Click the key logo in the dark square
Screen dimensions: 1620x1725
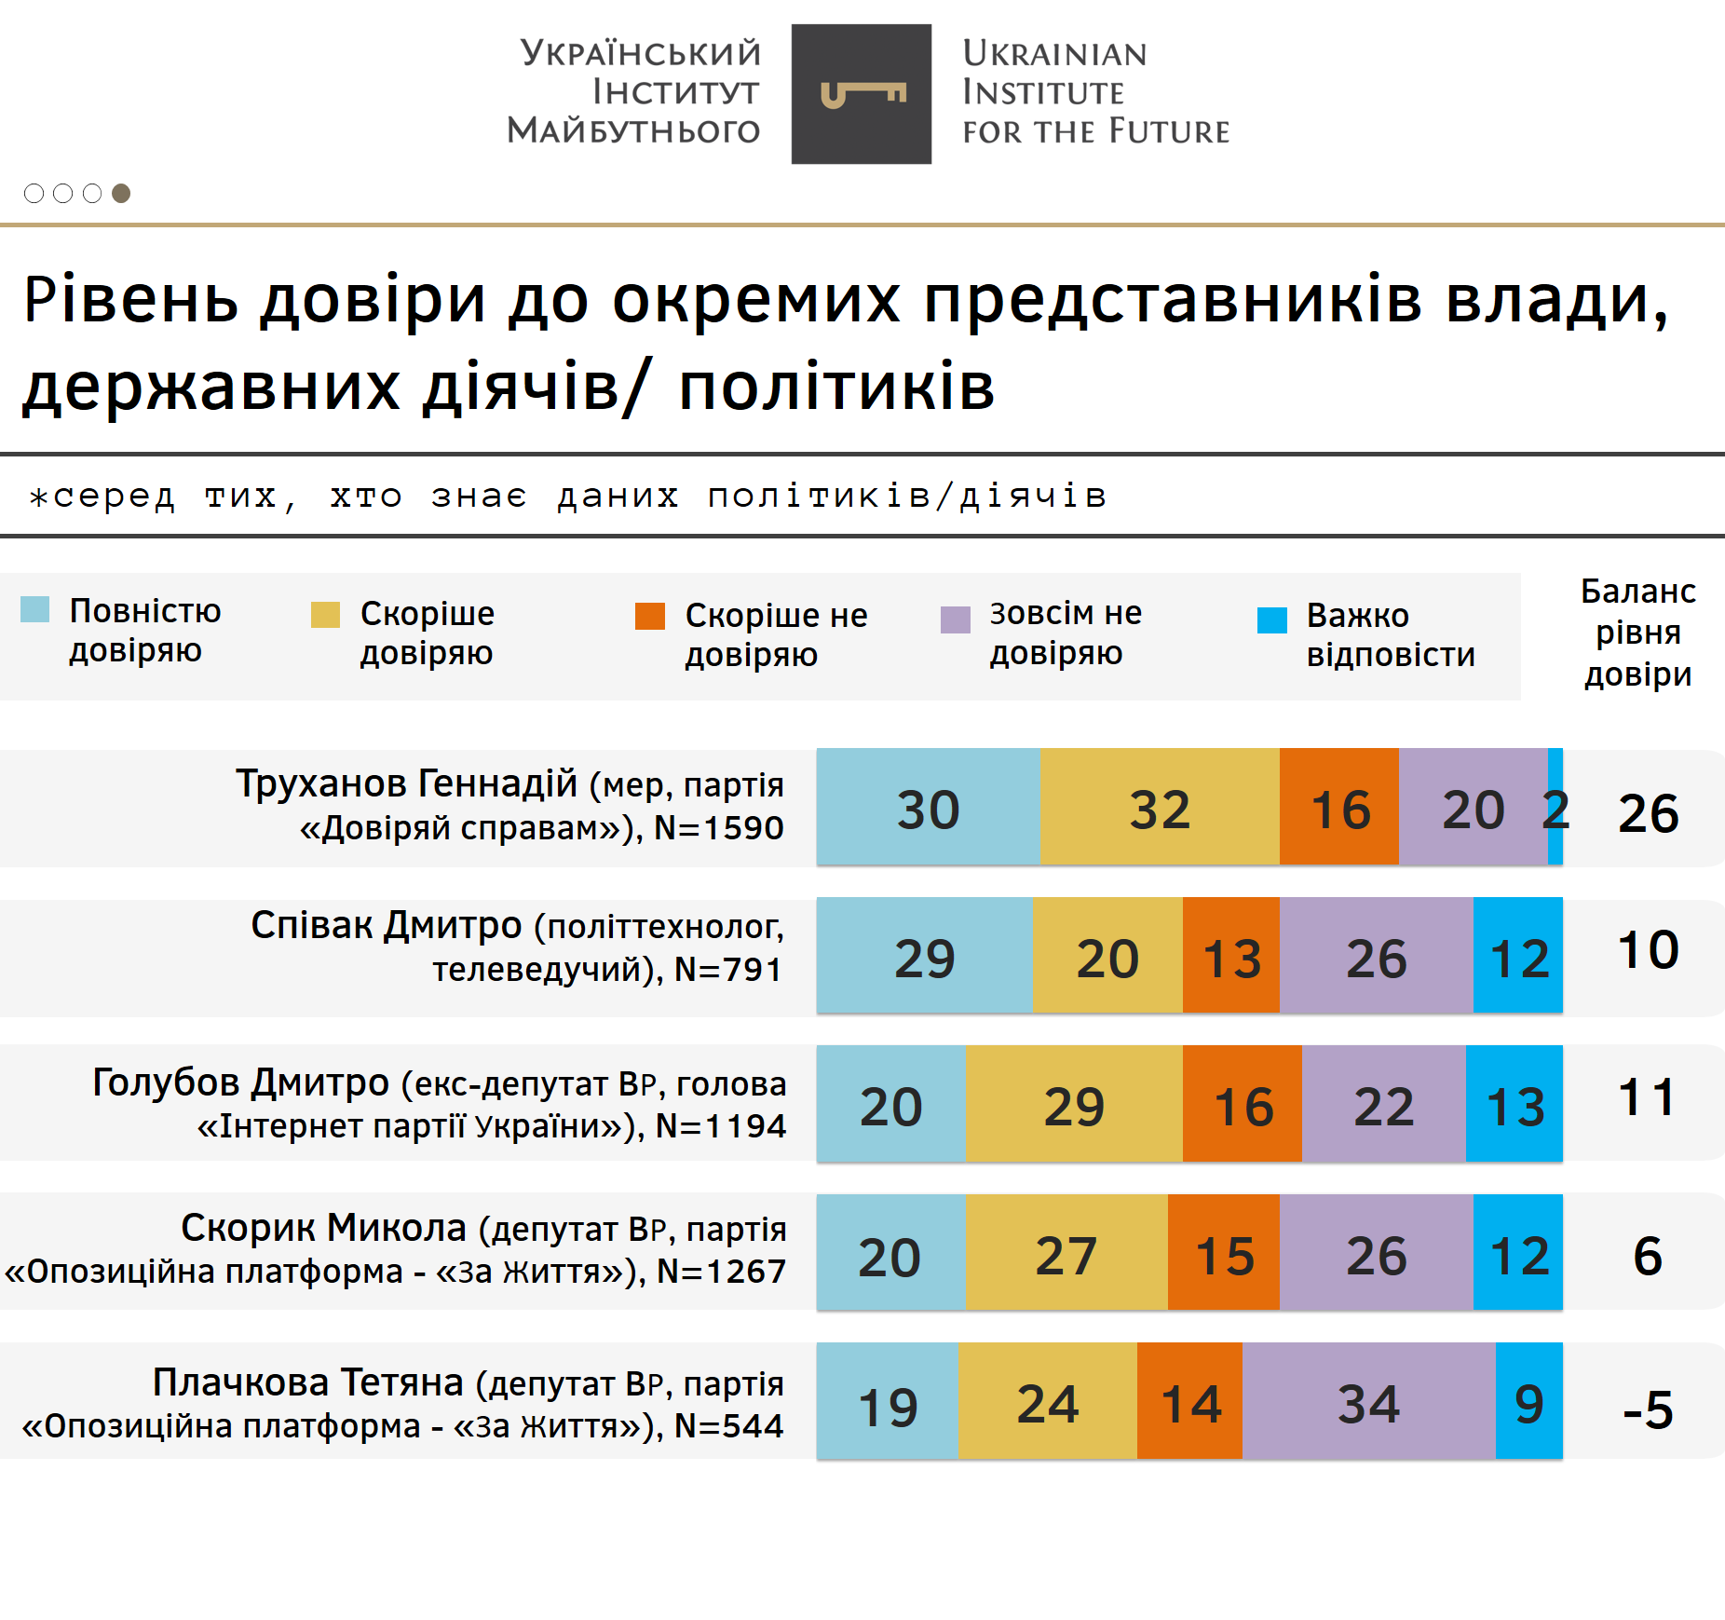tap(862, 94)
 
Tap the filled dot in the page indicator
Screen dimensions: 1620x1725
tap(121, 193)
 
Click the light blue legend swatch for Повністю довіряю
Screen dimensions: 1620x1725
tap(34, 609)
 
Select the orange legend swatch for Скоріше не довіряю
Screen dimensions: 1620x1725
tap(649, 616)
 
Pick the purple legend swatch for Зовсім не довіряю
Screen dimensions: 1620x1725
tap(955, 619)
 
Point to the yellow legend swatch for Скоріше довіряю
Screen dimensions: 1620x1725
tap(325, 615)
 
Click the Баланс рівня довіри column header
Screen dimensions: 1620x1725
tap(1637, 633)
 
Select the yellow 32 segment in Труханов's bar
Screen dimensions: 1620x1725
tap(1160, 808)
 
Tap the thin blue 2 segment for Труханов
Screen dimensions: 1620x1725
tap(1555, 808)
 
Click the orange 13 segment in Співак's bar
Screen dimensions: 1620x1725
tap(1230, 956)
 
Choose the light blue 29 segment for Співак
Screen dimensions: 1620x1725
tap(924, 956)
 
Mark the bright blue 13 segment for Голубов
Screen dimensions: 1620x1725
tap(1514, 1104)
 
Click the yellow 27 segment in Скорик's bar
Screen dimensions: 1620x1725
tap(1066, 1253)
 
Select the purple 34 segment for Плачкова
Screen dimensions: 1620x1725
tap(1368, 1401)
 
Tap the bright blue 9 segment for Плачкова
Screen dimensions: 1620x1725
tap(1528, 1401)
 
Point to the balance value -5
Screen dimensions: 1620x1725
tap(1647, 1409)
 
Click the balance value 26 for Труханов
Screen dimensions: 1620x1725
tap(1648, 813)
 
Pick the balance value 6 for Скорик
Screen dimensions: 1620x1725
tap(1647, 1256)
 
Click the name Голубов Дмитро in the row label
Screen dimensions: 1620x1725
tap(240, 1082)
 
